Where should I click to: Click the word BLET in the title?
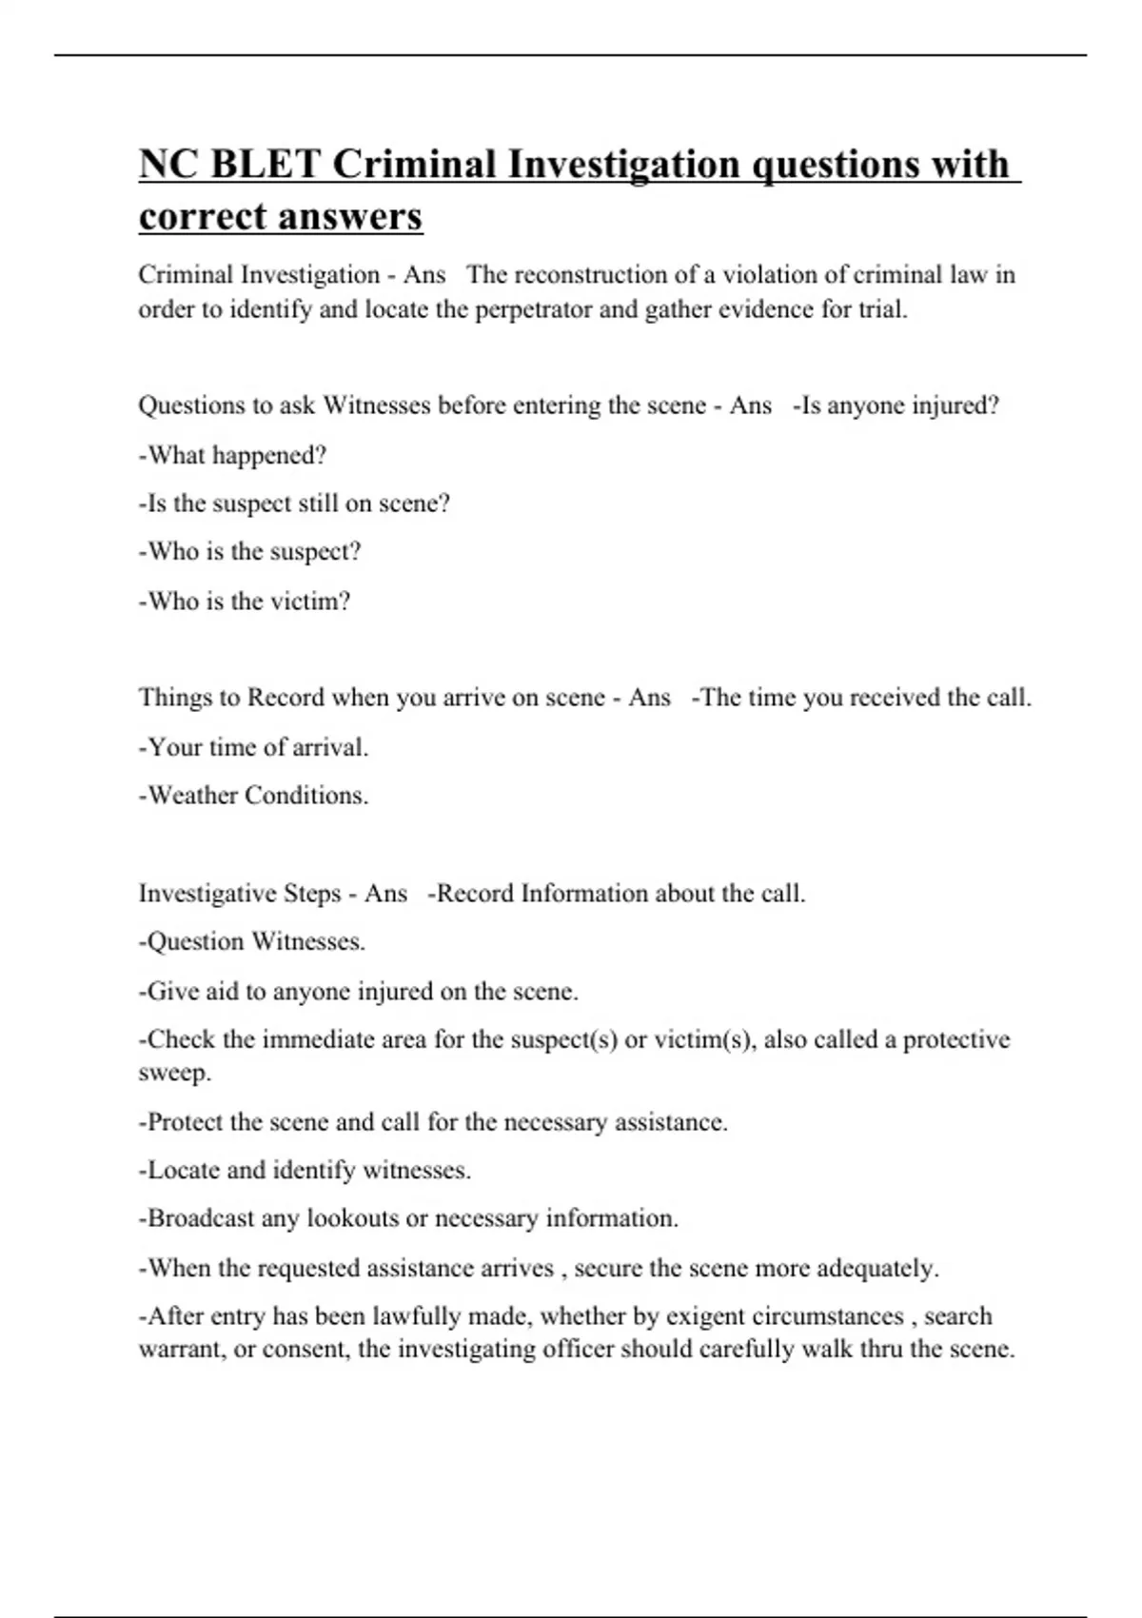(x=265, y=164)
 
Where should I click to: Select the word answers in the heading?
(x=358, y=216)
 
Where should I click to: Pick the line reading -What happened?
(x=232, y=455)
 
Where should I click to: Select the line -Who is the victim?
(x=245, y=602)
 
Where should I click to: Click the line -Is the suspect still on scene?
(x=294, y=503)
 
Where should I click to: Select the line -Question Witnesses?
(x=252, y=942)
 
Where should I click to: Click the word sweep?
(x=174, y=1073)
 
